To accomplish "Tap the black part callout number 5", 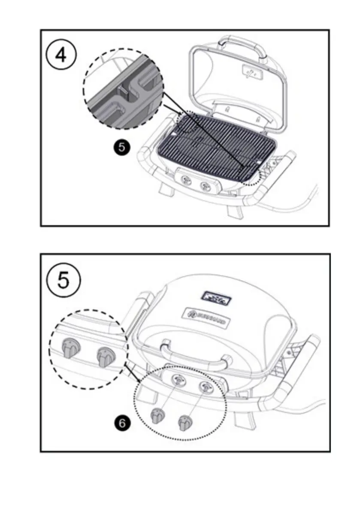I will [121, 148].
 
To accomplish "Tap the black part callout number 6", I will [122, 423].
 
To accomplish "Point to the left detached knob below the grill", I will [157, 415].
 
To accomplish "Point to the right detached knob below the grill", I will [185, 423].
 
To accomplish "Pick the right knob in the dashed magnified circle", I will [105, 356].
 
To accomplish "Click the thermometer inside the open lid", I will [251, 72].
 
